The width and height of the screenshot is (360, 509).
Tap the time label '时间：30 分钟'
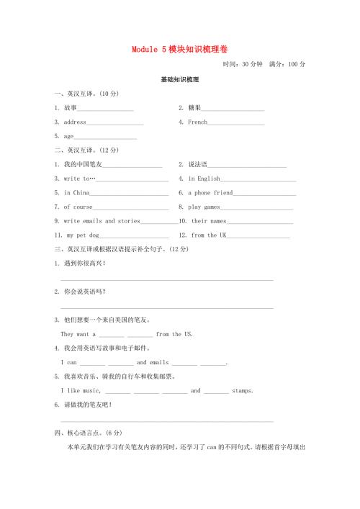[x=243, y=64]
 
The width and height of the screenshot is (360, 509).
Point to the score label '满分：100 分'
[x=287, y=64]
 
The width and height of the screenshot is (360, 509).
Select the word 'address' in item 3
[x=75, y=122]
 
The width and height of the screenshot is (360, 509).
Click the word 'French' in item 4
[x=197, y=122]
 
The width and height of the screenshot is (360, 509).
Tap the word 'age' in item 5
[x=69, y=136]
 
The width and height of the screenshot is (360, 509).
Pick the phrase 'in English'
[x=204, y=179]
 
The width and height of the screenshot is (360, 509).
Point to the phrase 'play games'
[x=204, y=207]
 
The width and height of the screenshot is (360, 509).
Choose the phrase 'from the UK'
[x=209, y=235]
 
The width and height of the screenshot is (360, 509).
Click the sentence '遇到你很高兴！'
[x=84, y=263]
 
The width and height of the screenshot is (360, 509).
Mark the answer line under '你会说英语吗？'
[x=167, y=307]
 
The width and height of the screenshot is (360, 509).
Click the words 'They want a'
[x=78, y=334]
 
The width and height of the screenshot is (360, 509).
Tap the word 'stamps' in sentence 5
[x=242, y=391]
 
